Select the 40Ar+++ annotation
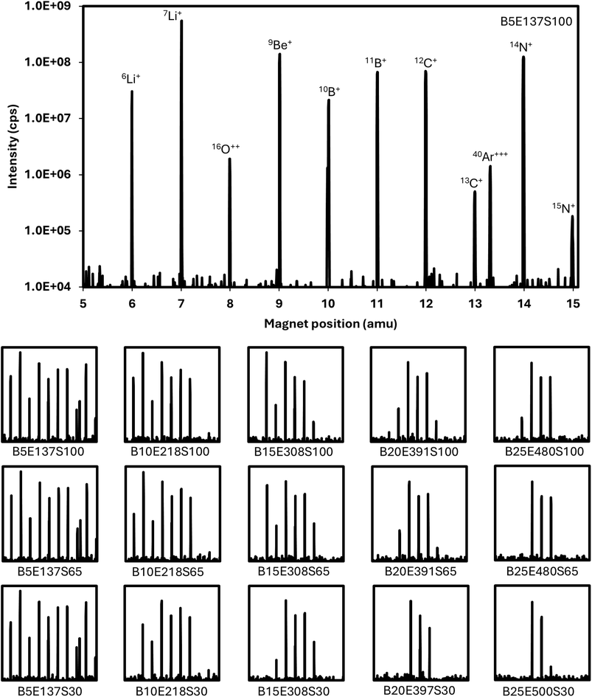491,156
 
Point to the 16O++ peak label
226,148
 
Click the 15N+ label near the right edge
564,208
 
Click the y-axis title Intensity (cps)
13,147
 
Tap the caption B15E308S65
296,572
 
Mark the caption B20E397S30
418,689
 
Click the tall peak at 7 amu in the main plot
181,148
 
